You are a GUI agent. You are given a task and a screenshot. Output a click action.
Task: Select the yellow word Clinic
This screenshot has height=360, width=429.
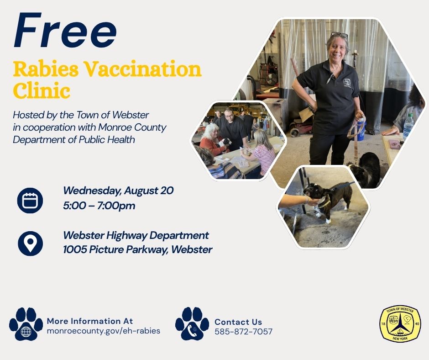(x=42, y=90)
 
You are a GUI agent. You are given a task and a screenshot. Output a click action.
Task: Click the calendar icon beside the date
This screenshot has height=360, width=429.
(x=30, y=200)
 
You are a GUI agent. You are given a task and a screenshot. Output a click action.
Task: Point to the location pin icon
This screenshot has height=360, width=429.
(x=30, y=244)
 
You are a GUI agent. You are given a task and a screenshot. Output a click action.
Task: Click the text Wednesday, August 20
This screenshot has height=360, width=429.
(x=118, y=191)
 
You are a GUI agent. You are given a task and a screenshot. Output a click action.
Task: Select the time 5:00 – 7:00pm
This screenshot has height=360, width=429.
(x=99, y=206)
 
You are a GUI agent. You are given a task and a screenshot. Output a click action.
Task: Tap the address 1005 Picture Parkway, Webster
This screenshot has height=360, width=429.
(x=138, y=249)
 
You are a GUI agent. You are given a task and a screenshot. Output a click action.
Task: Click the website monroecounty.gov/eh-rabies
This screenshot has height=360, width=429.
(x=104, y=331)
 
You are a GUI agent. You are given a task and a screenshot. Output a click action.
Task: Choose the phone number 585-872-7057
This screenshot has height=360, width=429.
(x=244, y=332)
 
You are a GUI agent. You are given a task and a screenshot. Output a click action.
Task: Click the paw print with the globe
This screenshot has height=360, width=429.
(x=26, y=324)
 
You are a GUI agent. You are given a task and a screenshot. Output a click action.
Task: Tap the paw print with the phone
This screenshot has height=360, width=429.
(x=192, y=323)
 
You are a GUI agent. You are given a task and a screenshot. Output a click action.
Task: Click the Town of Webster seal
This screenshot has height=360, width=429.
(x=400, y=324)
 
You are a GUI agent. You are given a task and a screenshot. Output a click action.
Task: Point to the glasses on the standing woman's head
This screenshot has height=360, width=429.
(x=339, y=35)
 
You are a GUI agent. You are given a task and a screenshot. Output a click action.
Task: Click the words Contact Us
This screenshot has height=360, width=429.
(x=238, y=322)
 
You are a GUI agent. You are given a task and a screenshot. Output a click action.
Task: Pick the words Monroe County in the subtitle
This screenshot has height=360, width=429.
(x=132, y=127)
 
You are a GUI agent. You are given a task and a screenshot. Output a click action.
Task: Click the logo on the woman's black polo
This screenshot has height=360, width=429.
(x=347, y=82)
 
